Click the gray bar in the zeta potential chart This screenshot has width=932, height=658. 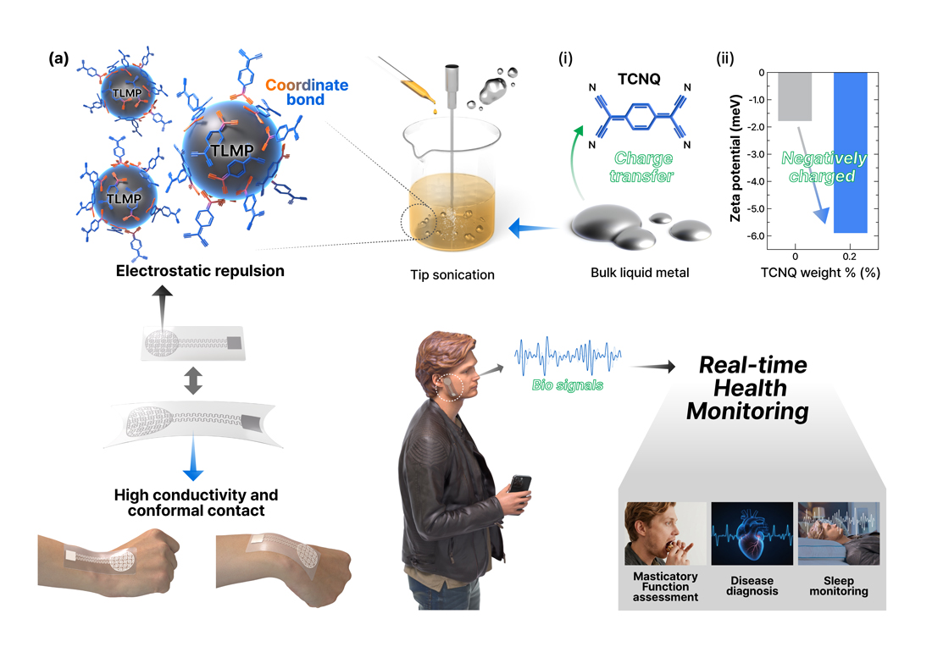(795, 97)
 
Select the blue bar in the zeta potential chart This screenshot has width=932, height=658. (851, 152)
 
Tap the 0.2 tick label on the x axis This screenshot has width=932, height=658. (849, 257)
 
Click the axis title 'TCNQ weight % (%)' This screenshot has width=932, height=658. (820, 273)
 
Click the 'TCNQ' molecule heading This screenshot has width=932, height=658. (639, 79)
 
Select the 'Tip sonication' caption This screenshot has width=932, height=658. (452, 275)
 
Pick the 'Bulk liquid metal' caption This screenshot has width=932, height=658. (640, 273)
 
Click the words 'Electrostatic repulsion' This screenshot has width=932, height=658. (200, 271)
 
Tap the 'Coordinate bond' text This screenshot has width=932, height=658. (307, 92)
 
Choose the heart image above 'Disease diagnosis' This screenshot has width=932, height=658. (752, 534)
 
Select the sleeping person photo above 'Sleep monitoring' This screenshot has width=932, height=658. (839, 534)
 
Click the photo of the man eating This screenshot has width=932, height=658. (665, 534)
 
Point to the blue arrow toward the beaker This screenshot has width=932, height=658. (533, 228)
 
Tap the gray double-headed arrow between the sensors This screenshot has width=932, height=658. (193, 381)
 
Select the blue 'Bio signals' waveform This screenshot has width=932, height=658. (568, 357)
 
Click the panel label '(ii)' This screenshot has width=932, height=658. (725, 58)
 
